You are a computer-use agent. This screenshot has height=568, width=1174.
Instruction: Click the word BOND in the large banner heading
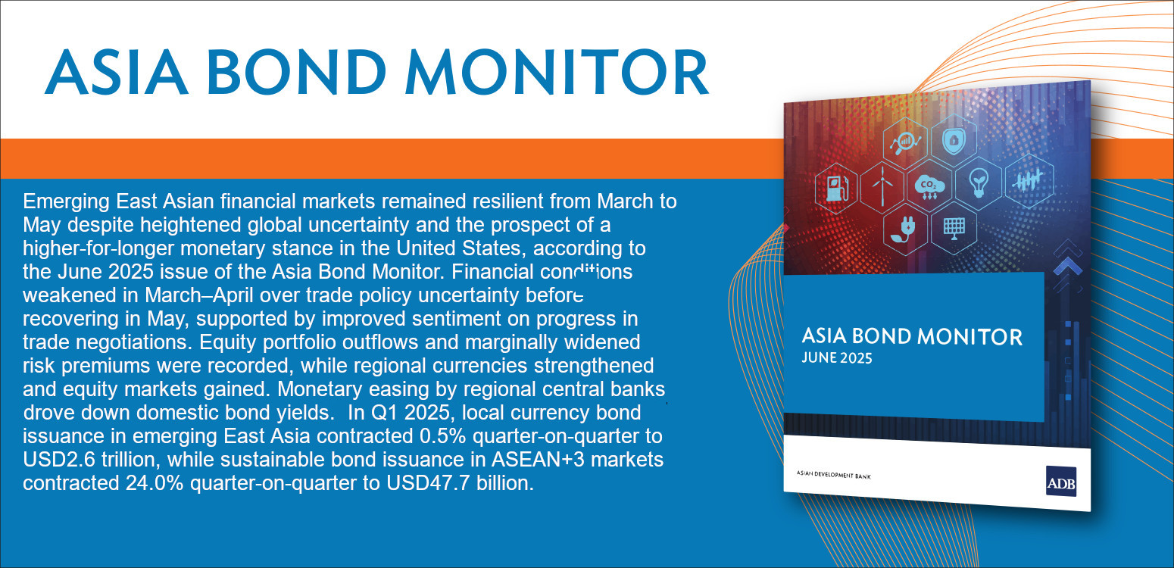[297, 72]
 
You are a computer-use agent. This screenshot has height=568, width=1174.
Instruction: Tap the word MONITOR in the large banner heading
[557, 72]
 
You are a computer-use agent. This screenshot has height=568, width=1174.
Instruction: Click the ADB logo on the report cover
[1061, 481]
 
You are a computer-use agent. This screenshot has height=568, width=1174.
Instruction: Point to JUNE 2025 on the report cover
[836, 358]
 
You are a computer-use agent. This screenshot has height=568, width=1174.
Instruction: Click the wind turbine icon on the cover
[882, 186]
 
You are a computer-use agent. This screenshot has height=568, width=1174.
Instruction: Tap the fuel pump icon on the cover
[837, 189]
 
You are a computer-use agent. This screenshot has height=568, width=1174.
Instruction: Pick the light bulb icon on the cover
[978, 183]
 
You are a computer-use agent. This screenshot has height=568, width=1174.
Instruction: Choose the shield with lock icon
[954, 140]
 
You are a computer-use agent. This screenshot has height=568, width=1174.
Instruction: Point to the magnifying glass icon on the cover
[905, 142]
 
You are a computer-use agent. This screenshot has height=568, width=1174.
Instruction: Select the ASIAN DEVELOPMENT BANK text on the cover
[833, 475]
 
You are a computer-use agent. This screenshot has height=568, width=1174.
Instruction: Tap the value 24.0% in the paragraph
[155, 483]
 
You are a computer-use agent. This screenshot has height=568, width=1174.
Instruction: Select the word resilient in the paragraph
[505, 201]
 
